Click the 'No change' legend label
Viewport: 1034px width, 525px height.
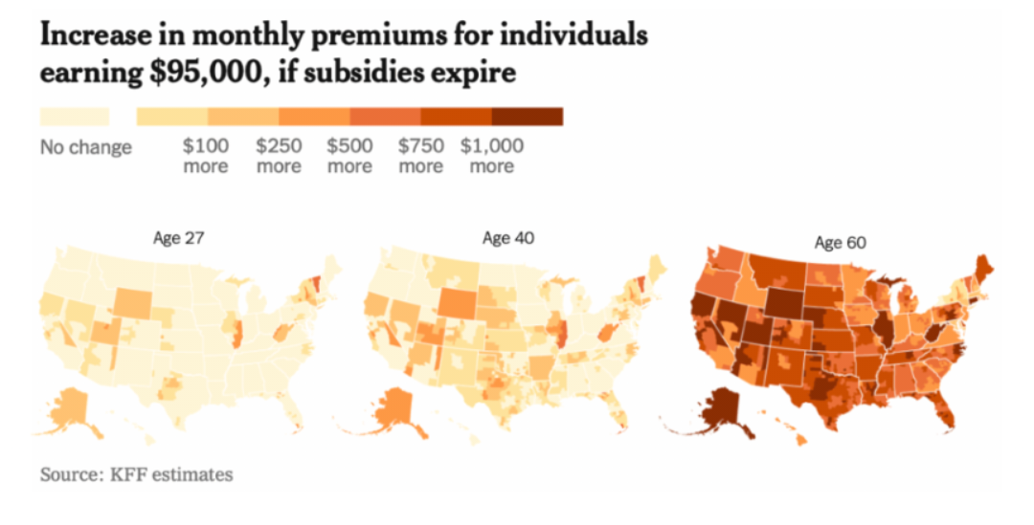pyautogui.click(x=86, y=148)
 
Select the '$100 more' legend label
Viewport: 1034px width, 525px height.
pyautogui.click(x=206, y=156)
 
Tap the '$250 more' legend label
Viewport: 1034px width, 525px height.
pyautogui.click(x=279, y=156)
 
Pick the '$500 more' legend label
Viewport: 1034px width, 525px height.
pyautogui.click(x=349, y=156)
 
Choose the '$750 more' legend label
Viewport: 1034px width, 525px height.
pyautogui.click(x=420, y=156)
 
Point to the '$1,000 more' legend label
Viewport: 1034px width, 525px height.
pyautogui.click(x=492, y=156)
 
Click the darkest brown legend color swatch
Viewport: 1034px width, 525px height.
pyautogui.click(x=527, y=117)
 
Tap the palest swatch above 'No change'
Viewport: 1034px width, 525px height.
pyautogui.click(x=75, y=117)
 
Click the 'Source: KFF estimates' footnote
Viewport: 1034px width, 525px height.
pyautogui.click(x=136, y=474)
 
